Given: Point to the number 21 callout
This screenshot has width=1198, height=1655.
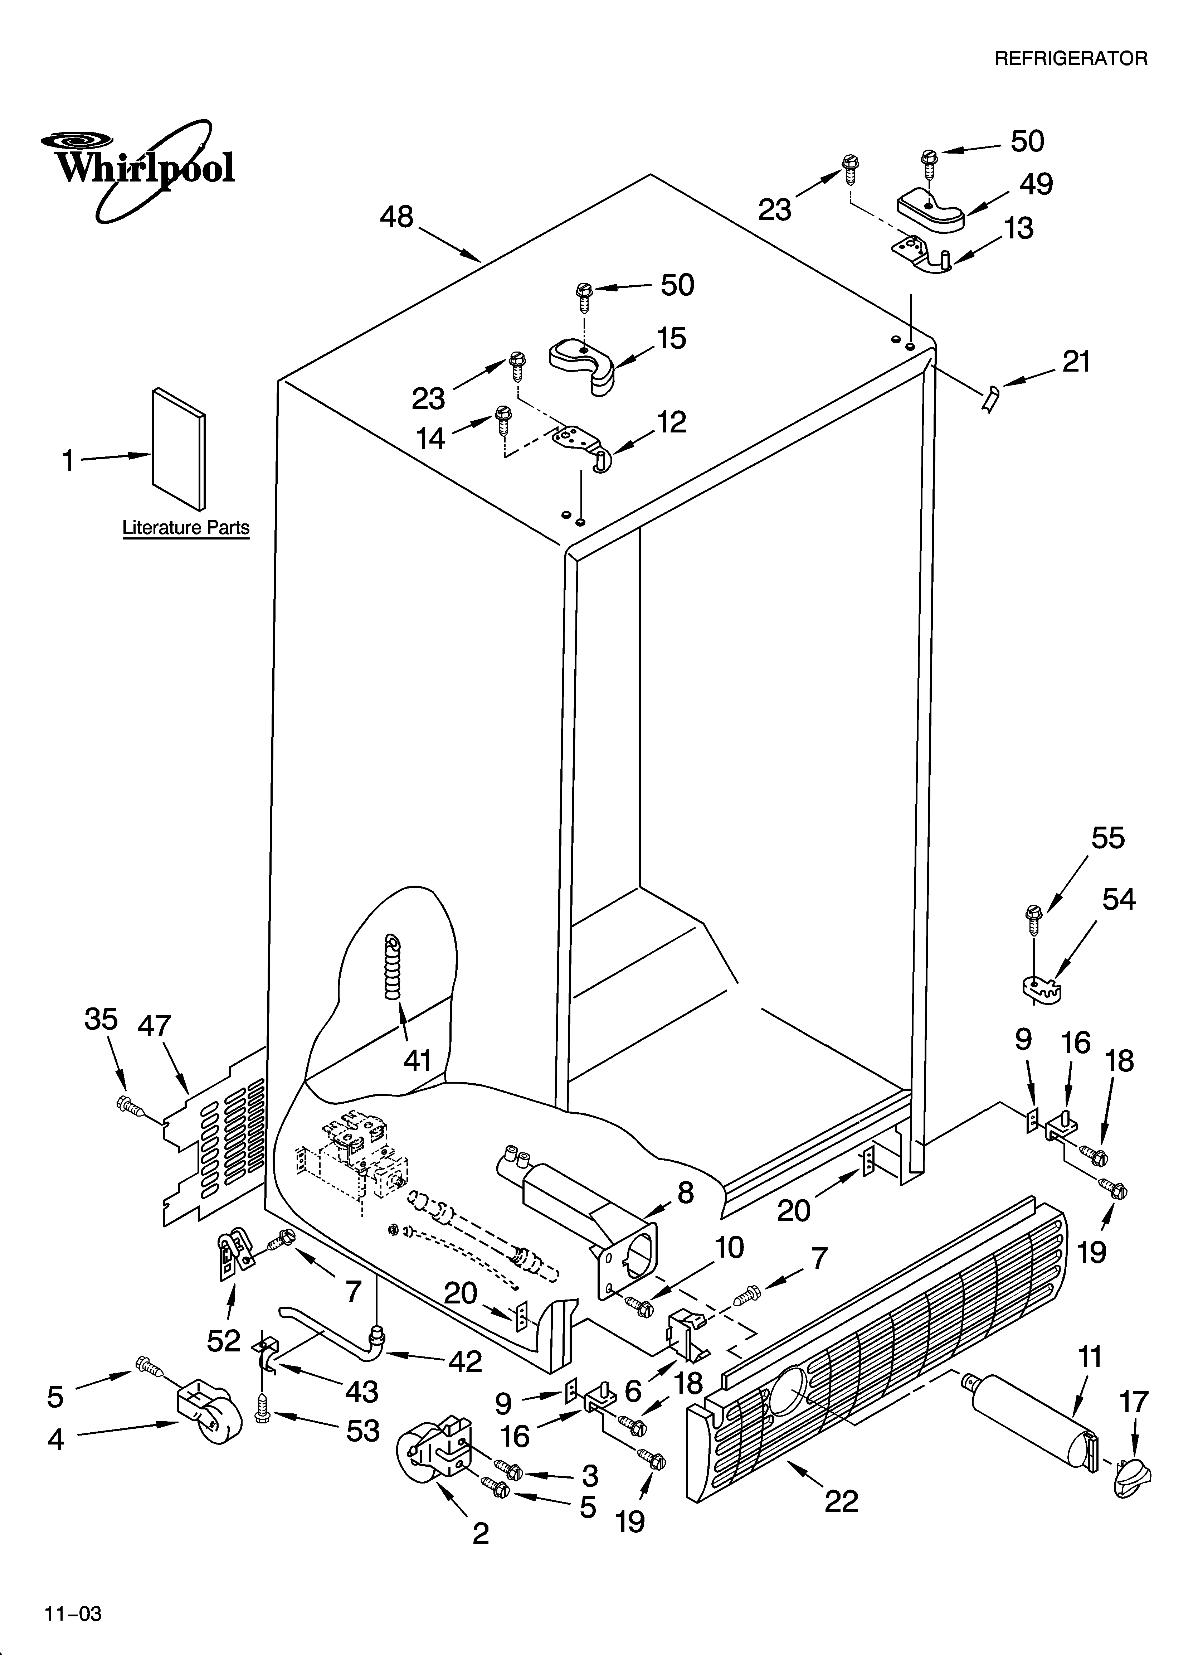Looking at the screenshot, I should [x=1076, y=361].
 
